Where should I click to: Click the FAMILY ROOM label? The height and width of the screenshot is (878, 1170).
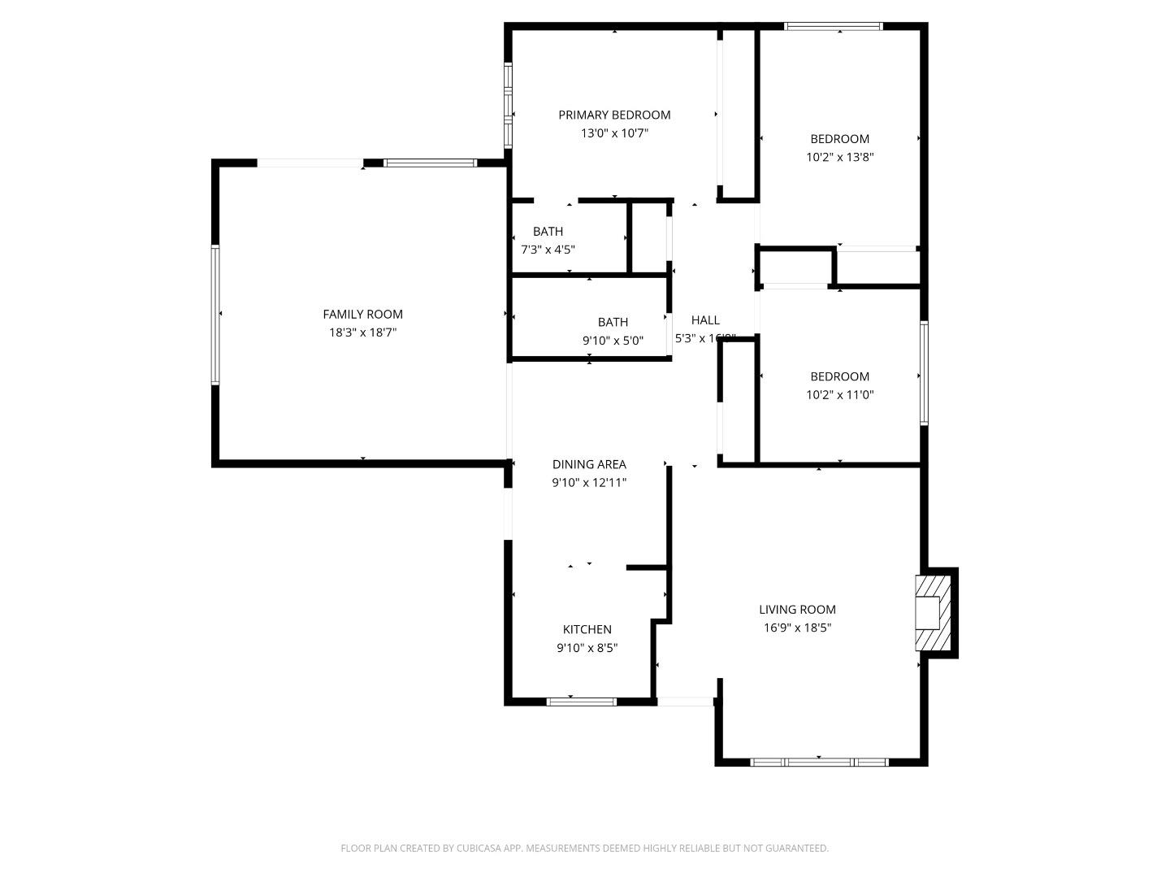362,315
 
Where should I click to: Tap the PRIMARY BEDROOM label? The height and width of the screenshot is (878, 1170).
614,115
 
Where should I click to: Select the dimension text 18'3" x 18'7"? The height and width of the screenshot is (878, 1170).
362,333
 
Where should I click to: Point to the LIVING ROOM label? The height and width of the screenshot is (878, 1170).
797,610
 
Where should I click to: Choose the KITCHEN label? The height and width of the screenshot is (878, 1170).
587,629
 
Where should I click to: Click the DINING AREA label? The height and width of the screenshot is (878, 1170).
589,464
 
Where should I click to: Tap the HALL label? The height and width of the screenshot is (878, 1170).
704,320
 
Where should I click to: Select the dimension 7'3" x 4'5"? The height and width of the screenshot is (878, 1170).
548,250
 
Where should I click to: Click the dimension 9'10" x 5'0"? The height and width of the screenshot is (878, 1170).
613,341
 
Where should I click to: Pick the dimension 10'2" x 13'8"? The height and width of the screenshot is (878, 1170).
839,157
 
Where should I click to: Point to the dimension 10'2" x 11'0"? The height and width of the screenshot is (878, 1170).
839,394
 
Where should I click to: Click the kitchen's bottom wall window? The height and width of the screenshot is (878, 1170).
581,701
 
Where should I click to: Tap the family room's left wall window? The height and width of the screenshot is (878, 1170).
215,315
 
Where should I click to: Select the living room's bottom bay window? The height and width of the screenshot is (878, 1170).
818,763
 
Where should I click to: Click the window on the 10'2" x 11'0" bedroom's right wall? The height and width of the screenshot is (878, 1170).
924,373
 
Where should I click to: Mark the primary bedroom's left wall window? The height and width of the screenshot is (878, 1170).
508,105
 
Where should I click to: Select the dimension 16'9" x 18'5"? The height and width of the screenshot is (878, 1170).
797,628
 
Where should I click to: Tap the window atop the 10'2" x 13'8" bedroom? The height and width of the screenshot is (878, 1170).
833,26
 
